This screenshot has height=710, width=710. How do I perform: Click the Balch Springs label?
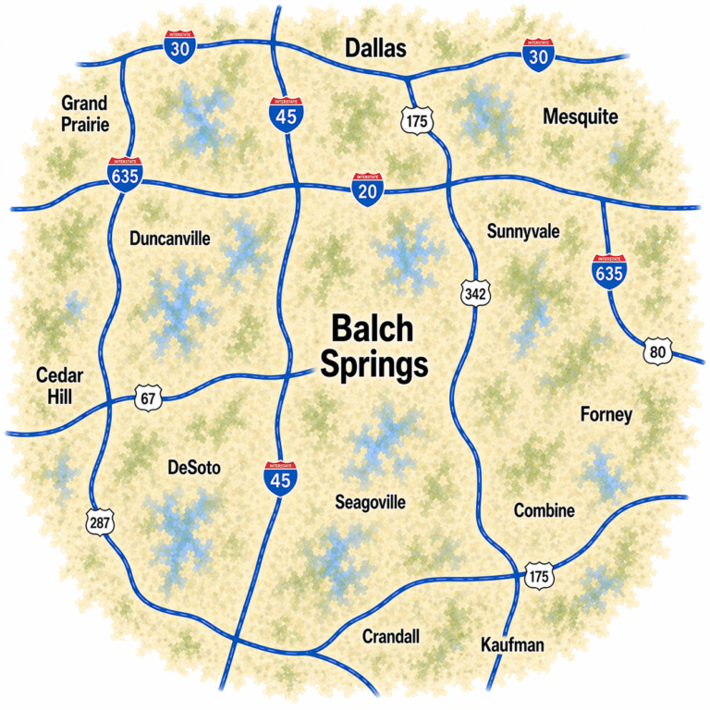coord(373,347)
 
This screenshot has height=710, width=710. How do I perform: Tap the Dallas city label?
coord(374,49)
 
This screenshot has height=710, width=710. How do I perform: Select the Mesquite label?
coord(581,117)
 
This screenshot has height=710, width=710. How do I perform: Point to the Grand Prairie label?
coord(84,113)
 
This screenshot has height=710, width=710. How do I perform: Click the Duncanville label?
coord(170,239)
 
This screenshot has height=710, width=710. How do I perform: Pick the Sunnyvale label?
coord(523,231)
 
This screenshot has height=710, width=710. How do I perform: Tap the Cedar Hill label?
coord(60,386)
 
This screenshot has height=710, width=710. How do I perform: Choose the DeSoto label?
coord(194,468)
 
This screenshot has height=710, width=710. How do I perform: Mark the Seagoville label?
coord(370,503)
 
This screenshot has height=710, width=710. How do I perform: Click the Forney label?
coord(606,414)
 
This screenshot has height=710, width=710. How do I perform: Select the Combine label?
coord(545,510)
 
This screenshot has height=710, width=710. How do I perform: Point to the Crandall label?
coord(391,636)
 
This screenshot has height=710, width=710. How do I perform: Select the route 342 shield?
coord(475,294)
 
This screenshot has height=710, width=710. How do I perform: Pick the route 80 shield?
coord(657,351)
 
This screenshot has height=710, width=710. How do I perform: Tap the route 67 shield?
coord(148,398)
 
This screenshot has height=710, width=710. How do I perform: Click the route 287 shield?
coord(99,522)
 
